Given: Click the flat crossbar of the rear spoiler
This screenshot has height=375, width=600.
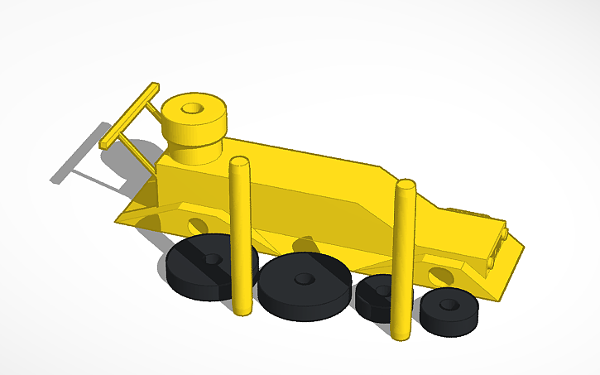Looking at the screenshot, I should pos(130,116).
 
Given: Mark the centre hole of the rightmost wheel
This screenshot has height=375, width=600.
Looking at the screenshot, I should pos(449,304).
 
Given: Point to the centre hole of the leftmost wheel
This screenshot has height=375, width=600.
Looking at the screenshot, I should pos(214,259).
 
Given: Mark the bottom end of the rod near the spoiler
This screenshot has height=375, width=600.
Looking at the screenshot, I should pos(240,308).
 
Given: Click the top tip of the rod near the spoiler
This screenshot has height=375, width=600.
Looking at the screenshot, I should pos(240,161).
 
